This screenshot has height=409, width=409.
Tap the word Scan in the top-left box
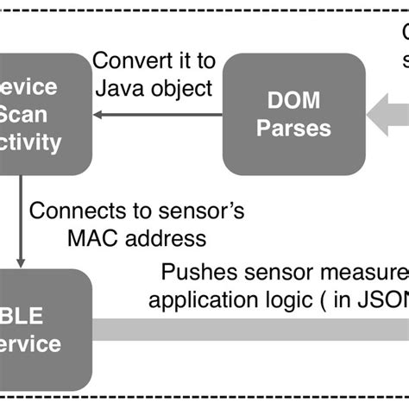[26, 113]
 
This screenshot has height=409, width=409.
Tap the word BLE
[26, 317]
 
